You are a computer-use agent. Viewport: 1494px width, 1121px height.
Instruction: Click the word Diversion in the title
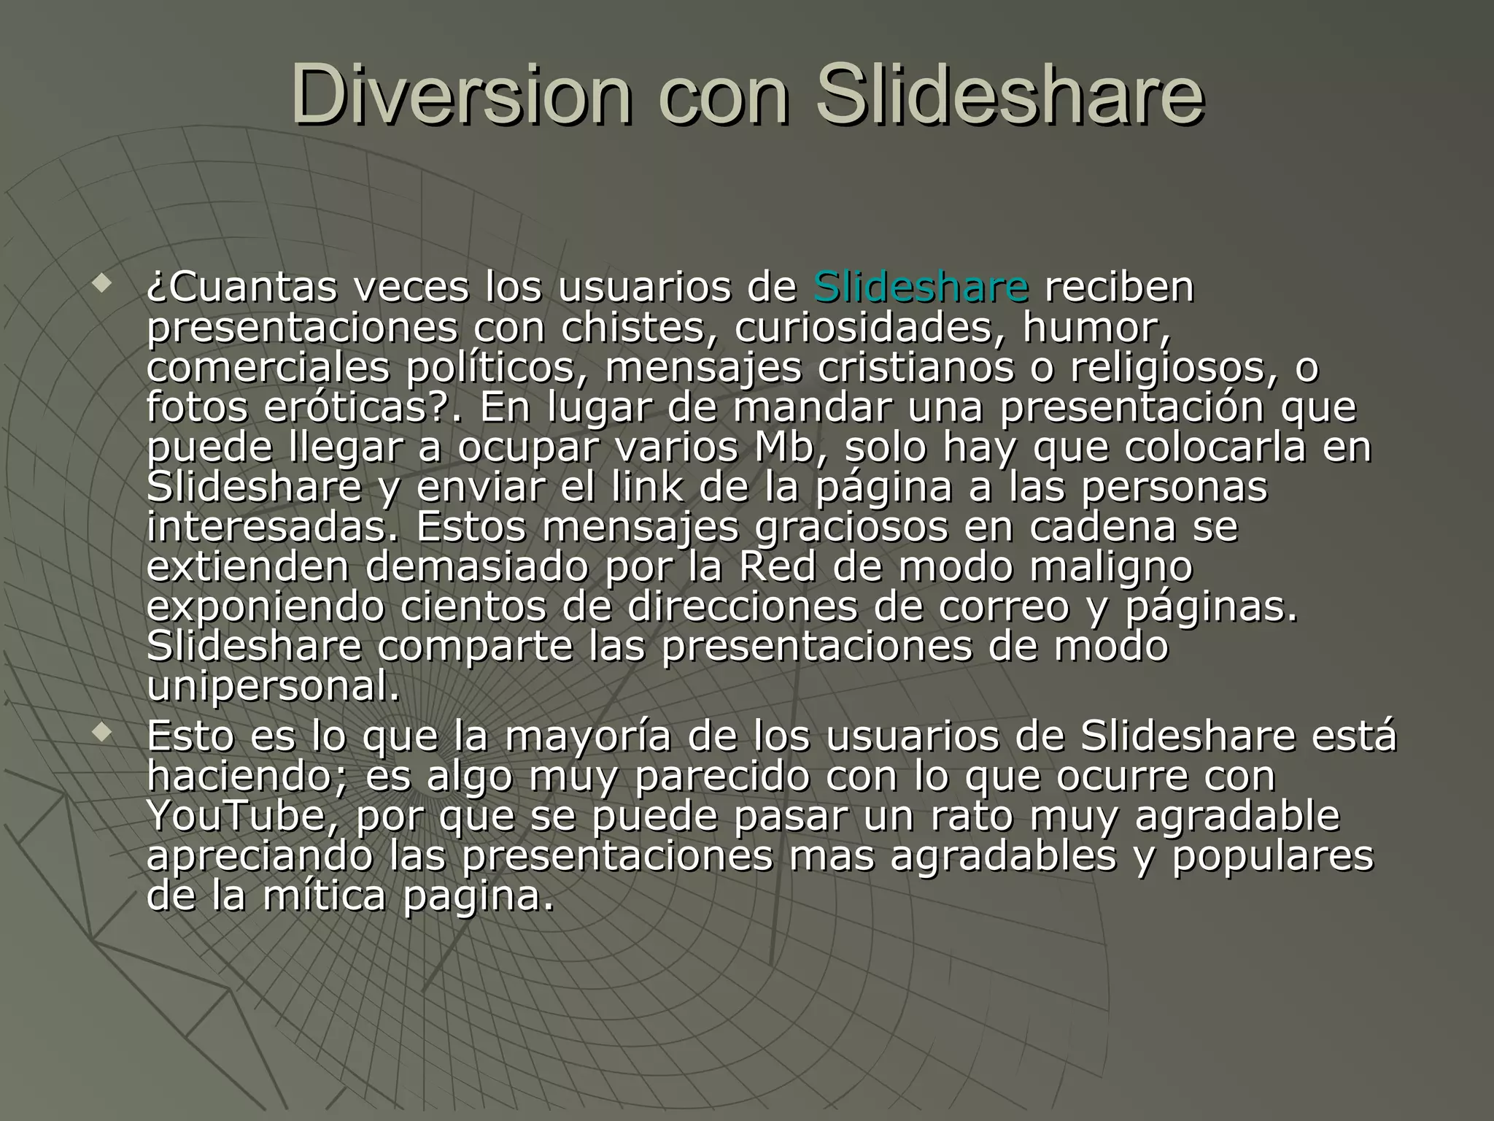[x=461, y=96]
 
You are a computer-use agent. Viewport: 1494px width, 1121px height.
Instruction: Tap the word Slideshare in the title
[x=1010, y=96]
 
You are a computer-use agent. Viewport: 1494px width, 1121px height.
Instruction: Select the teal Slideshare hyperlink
[x=921, y=286]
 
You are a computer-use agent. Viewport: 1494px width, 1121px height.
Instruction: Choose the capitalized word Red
[x=777, y=566]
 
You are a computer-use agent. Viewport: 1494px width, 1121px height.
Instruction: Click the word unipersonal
[x=274, y=687]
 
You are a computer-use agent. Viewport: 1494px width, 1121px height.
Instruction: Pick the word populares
[x=1273, y=856]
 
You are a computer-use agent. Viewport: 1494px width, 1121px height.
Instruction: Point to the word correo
[x=1003, y=606]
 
